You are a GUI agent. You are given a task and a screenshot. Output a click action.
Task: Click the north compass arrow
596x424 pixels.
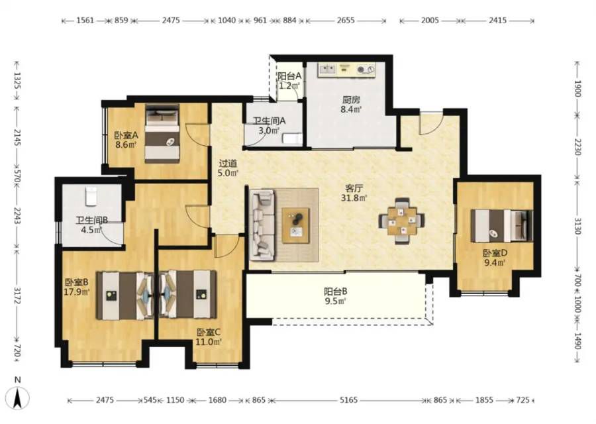[17, 397]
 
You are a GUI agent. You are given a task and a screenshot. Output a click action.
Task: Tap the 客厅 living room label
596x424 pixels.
[354, 188]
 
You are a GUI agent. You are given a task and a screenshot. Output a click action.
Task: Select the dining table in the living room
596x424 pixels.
[402, 221]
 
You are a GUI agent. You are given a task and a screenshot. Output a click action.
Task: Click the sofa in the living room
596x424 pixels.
[262, 225]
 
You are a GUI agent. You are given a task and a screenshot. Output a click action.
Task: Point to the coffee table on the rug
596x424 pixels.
[295, 225]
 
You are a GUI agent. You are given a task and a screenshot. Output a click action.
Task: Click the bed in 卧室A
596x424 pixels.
[162, 133]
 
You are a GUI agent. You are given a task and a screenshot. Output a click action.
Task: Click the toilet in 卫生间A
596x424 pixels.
[292, 138]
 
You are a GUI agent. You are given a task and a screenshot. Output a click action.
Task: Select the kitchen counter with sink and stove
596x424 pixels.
[346, 70]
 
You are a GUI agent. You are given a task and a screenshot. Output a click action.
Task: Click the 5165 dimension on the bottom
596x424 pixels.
[348, 400]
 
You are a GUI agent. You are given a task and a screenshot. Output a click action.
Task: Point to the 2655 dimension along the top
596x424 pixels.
[346, 20]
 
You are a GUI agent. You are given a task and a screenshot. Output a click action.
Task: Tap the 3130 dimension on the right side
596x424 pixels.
[577, 227]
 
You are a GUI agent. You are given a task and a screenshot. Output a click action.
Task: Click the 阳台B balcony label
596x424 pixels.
[335, 291]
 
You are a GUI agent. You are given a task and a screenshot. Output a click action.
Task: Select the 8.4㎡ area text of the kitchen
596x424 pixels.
[351, 110]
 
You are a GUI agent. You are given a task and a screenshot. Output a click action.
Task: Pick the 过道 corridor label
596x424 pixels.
[228, 164]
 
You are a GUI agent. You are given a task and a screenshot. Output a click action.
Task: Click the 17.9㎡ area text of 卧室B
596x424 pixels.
[77, 291]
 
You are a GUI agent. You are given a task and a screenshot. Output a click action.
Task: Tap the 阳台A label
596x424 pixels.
[289, 76]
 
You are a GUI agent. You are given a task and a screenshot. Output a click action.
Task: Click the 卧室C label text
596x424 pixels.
[209, 333]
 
